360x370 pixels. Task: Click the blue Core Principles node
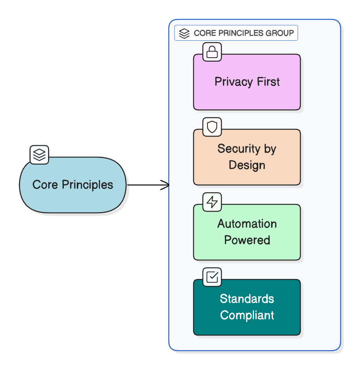(73, 185)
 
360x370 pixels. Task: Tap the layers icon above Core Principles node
(39, 155)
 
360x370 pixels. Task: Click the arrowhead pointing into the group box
(166, 185)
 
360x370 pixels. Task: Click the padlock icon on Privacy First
(212, 52)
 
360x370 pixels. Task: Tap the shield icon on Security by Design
(212, 127)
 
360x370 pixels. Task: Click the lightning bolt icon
(212, 202)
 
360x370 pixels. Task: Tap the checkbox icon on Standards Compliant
(212, 277)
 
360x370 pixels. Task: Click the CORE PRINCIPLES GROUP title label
(236, 33)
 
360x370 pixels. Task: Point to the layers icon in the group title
(184, 33)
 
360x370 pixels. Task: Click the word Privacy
(229, 82)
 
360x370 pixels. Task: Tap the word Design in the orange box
(247, 165)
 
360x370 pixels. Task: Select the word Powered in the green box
(247, 240)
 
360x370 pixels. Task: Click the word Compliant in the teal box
(247, 315)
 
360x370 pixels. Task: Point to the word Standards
(247, 299)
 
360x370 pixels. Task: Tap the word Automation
(247, 224)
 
